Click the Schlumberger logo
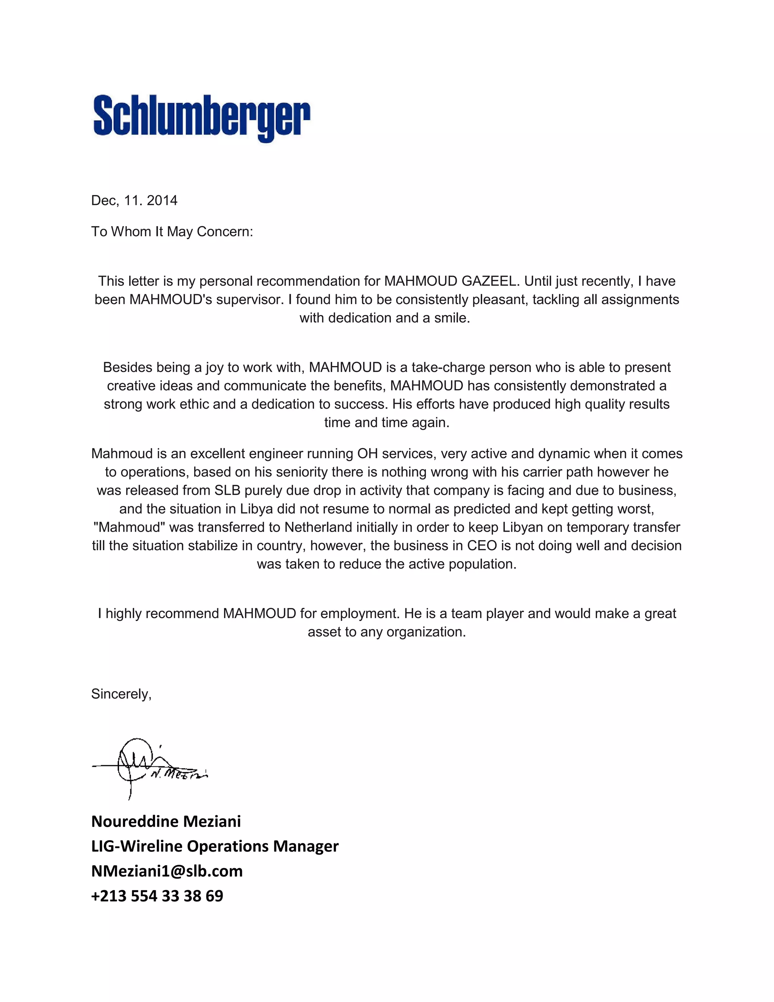(x=202, y=118)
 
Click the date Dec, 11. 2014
(x=134, y=200)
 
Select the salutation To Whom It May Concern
(x=172, y=232)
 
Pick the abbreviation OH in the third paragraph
(x=367, y=454)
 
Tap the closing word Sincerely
(x=121, y=694)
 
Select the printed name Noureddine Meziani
(x=166, y=821)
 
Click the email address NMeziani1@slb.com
(x=167, y=871)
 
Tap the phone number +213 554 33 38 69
(x=157, y=895)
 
